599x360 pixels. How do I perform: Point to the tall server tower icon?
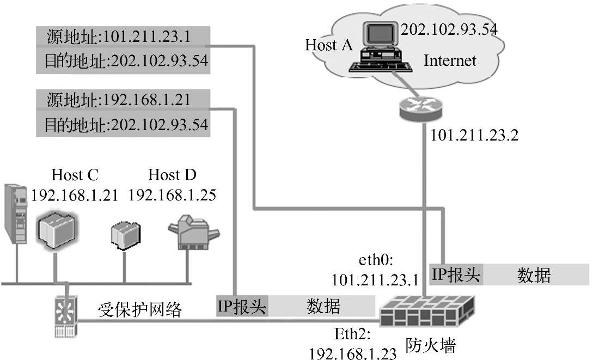15,213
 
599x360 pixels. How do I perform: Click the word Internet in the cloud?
450,60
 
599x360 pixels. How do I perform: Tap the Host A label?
329,45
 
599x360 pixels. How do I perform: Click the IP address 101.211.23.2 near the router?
474,135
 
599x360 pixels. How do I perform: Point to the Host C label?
75,175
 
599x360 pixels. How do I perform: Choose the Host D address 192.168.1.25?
172,195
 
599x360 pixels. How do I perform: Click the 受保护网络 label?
139,309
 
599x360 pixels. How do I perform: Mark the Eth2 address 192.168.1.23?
353,353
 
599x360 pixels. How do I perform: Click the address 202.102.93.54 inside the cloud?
449,29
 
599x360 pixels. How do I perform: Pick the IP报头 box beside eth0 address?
455,274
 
